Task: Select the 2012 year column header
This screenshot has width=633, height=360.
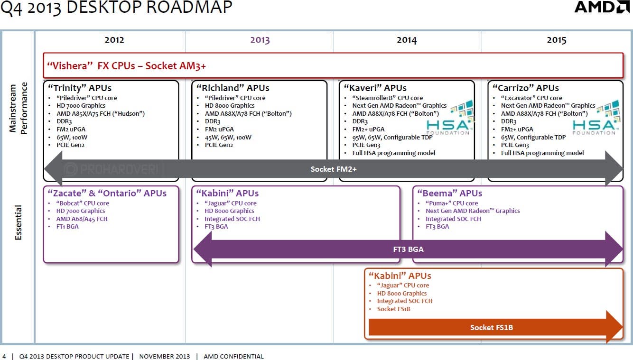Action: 114,40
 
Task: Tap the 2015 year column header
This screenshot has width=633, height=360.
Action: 556,40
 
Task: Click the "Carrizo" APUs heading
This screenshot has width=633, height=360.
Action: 525,88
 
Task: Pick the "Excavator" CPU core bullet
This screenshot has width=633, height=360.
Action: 531,98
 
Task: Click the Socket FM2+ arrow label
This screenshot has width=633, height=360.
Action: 334,169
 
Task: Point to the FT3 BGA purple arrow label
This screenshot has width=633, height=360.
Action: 408,249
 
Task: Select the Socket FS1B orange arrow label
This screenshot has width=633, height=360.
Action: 491,327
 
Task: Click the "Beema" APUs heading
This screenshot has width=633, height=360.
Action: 449,193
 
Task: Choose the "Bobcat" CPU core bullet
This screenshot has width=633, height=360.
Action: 83,203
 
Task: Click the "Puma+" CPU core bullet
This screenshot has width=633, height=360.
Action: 452,203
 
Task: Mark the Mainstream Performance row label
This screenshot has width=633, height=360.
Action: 19,108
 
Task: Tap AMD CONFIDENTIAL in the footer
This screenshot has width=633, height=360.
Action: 233,356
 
